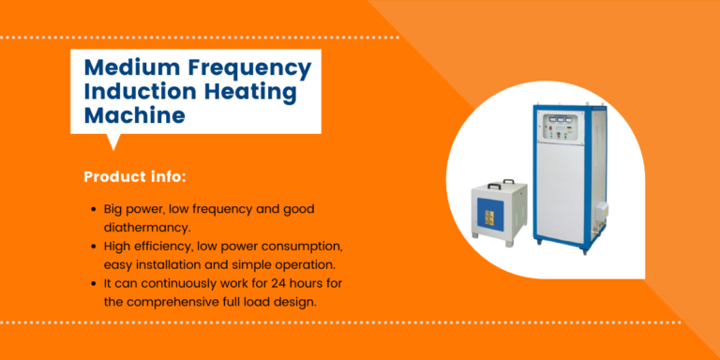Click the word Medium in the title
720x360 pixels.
coord(127,68)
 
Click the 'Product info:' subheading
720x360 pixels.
coord(134,176)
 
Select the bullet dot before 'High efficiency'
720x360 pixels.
coord(94,246)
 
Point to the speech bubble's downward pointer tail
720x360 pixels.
coord(113,142)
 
